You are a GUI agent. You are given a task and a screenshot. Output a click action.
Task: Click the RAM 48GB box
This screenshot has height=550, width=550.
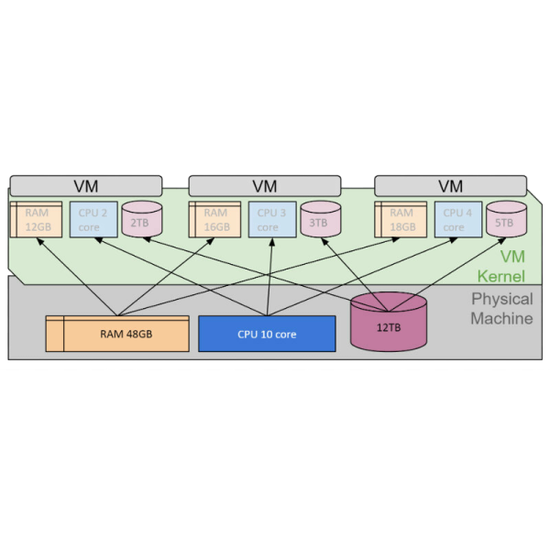(x=117, y=334)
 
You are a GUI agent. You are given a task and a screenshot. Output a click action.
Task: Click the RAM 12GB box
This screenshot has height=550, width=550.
(x=36, y=219)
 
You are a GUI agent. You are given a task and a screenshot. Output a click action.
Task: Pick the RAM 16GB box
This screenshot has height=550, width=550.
(x=214, y=219)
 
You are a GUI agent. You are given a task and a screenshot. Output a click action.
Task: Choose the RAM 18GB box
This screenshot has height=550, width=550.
(x=401, y=219)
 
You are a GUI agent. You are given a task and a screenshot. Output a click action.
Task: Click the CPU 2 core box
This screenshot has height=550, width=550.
(x=93, y=219)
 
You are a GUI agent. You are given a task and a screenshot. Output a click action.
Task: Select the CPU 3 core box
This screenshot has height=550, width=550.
(x=272, y=219)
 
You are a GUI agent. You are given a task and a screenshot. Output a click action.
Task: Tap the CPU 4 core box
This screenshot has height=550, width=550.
(x=457, y=219)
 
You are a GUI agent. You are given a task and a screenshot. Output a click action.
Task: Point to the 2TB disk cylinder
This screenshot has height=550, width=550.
(x=141, y=219)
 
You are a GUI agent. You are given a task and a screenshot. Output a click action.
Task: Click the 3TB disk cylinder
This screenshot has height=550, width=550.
(x=320, y=219)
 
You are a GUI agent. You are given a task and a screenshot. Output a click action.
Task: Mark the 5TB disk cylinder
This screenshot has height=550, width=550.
(x=506, y=219)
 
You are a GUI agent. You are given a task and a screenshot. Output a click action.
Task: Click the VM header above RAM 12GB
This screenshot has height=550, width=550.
(x=85, y=186)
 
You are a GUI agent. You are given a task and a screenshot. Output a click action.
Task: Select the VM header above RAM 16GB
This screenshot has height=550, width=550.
(x=264, y=186)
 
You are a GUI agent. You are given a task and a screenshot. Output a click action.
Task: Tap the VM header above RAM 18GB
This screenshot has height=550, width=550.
(x=451, y=186)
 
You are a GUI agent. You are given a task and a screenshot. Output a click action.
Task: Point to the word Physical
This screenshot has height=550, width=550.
(x=501, y=299)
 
